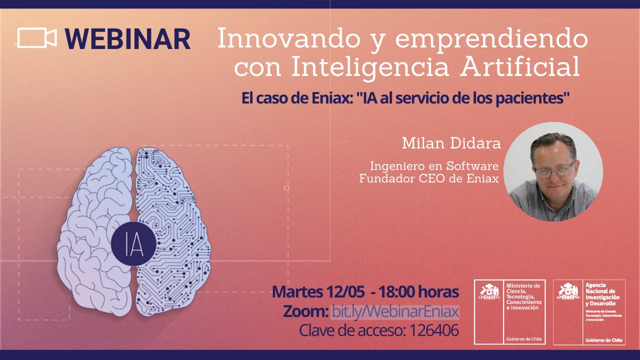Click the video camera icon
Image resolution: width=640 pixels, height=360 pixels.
click(x=37, y=37)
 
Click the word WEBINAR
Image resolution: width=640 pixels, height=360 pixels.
click(x=127, y=39)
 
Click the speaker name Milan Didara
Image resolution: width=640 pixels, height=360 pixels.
click(x=451, y=143)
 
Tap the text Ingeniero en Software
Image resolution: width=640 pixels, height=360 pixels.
click(x=434, y=165)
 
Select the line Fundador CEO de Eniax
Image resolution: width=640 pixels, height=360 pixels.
click(x=429, y=178)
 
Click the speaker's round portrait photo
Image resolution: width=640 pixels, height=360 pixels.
click(x=553, y=171)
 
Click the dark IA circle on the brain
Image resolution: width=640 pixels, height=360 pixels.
click(x=133, y=243)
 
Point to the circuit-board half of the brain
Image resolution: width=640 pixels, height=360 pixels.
click(x=173, y=231)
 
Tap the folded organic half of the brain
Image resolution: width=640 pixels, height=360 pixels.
click(x=94, y=231)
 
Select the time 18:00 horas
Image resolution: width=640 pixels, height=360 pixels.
click(x=418, y=291)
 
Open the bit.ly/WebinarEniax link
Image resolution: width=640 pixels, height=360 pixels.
click(x=395, y=311)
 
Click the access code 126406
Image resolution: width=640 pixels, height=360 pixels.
click(x=434, y=330)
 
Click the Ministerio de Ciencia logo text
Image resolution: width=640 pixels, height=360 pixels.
click(x=523, y=296)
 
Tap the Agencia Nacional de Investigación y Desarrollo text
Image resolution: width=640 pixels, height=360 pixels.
click(x=602, y=294)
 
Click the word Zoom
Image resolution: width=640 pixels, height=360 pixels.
click(x=305, y=311)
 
